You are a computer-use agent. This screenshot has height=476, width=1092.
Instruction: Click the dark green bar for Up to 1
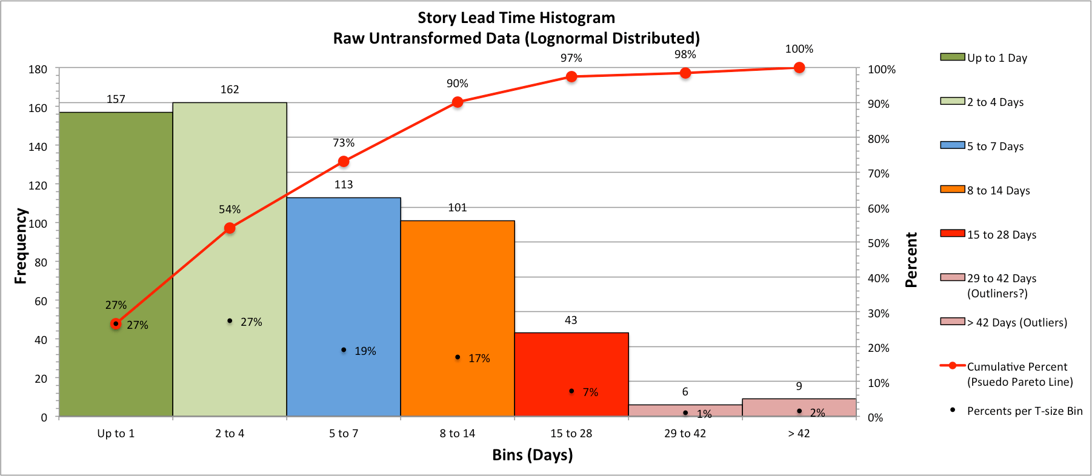[x=116, y=264]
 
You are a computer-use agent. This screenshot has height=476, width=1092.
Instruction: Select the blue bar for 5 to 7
[x=344, y=307]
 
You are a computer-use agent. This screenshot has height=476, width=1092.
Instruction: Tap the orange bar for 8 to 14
[x=458, y=319]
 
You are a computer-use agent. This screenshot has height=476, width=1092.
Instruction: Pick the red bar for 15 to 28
[x=571, y=374]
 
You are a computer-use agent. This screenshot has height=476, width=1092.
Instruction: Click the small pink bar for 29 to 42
[x=685, y=411]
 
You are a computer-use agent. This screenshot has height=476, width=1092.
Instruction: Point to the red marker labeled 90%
[x=458, y=102]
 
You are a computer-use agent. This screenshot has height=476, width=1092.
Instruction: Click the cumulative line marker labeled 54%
[x=230, y=228]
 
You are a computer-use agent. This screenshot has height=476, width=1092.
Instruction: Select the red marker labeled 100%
[x=799, y=68]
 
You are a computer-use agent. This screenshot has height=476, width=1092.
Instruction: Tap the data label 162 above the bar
[x=230, y=90]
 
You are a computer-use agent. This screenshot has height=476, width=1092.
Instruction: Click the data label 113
[x=344, y=185]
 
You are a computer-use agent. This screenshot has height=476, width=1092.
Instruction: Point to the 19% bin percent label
[x=365, y=351]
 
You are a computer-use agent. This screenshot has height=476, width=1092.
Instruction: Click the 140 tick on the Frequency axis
[x=38, y=147]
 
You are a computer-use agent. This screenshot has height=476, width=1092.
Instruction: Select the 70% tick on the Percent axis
[x=878, y=174]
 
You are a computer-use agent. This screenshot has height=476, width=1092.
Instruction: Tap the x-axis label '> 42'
[x=799, y=434]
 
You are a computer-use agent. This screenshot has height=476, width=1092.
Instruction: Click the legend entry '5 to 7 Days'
[x=982, y=146]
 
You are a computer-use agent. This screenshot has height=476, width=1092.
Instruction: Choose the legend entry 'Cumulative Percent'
[x=1006, y=374]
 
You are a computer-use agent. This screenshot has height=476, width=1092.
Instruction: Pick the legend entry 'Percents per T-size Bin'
[x=1016, y=411]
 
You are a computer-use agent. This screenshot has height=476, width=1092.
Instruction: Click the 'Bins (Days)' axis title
[x=533, y=455]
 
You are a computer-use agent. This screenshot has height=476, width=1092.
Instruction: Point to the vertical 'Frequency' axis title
[x=21, y=246]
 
